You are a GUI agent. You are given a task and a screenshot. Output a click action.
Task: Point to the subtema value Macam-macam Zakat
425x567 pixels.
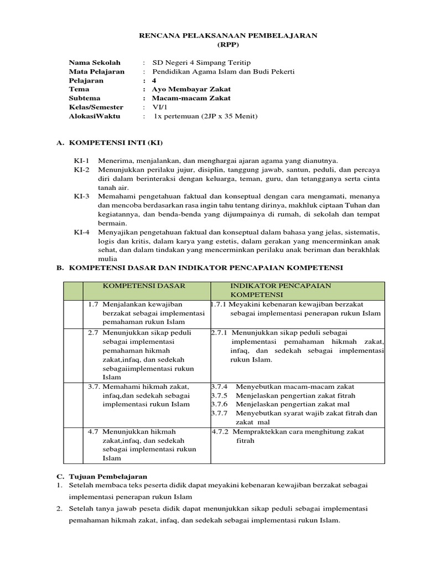pos(191,98)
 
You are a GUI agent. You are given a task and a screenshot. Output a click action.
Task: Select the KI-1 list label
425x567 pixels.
pos(82,161)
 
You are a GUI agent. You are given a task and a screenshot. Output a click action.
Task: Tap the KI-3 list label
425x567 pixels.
pos(82,196)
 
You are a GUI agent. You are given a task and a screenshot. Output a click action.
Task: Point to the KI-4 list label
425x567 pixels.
pos(82,232)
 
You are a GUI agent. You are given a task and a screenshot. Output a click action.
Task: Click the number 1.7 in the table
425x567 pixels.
pos(93,304)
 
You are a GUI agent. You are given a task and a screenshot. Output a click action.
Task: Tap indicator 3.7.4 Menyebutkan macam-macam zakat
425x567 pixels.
pos(282,386)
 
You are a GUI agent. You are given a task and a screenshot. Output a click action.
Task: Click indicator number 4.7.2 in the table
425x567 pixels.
pos(220,431)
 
